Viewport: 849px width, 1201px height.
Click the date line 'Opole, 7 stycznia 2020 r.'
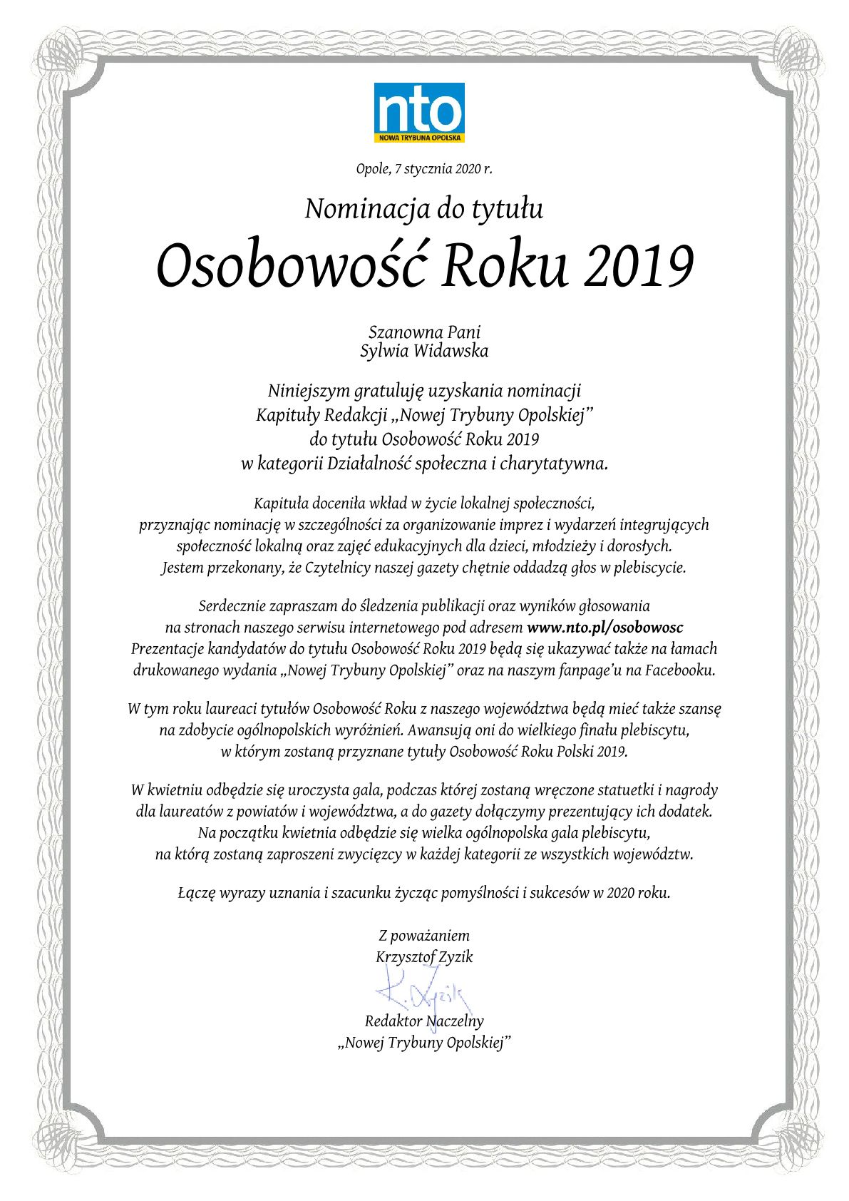coord(424,170)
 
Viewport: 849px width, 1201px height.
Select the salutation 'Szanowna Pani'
coord(424,332)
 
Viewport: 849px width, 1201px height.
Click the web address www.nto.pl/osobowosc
coord(604,628)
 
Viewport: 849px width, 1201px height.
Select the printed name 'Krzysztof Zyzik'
coord(424,957)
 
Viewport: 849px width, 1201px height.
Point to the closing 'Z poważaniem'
coord(424,936)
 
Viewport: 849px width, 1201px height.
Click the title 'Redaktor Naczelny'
coord(424,1021)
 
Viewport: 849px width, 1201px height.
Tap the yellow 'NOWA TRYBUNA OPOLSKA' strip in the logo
coord(419,137)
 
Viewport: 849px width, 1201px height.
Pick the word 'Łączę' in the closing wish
coord(196,893)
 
